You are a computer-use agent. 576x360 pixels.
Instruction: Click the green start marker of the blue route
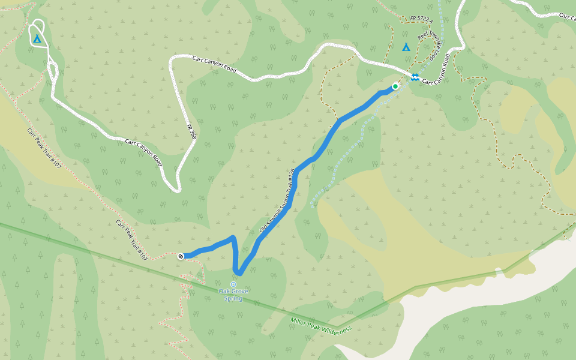(395, 86)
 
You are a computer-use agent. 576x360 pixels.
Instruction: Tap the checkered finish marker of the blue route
(181, 256)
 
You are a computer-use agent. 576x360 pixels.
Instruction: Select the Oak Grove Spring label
(233, 295)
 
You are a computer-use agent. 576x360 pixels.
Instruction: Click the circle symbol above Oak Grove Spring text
(233, 284)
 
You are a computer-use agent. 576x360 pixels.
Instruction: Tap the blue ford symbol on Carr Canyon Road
(415, 76)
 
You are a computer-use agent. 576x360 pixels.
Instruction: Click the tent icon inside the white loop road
(37, 39)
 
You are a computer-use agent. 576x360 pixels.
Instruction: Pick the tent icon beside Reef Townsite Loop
(406, 47)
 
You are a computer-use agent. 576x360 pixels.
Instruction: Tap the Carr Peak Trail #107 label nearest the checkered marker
(131, 239)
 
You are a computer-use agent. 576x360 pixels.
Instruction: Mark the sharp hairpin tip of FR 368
(178, 191)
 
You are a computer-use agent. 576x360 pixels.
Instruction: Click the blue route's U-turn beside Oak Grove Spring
(239, 273)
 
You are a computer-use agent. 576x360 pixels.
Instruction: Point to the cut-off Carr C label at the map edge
(566, 16)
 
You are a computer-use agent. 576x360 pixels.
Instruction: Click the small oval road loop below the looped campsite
(52, 70)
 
